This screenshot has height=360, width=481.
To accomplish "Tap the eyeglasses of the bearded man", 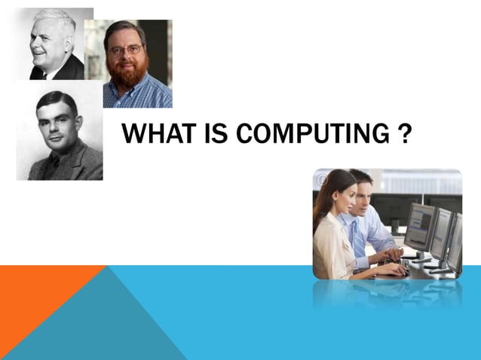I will pyautogui.click(x=125, y=50).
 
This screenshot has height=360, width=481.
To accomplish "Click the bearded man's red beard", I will pyautogui.click(x=127, y=72).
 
